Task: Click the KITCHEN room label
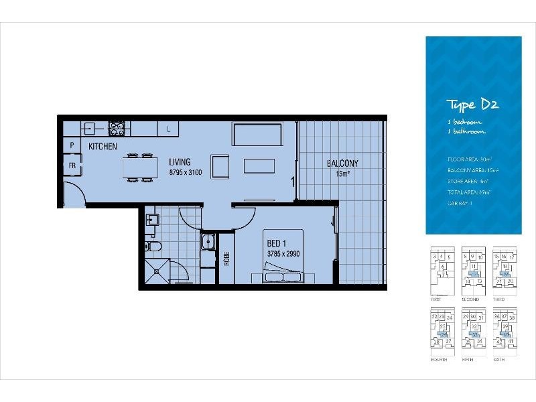[x=103, y=146]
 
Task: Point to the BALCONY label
[x=342, y=163]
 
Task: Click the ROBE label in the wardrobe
[x=226, y=259]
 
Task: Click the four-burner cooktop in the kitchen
[x=117, y=128]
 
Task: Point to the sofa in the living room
[x=257, y=135]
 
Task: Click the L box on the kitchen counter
[x=168, y=128]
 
